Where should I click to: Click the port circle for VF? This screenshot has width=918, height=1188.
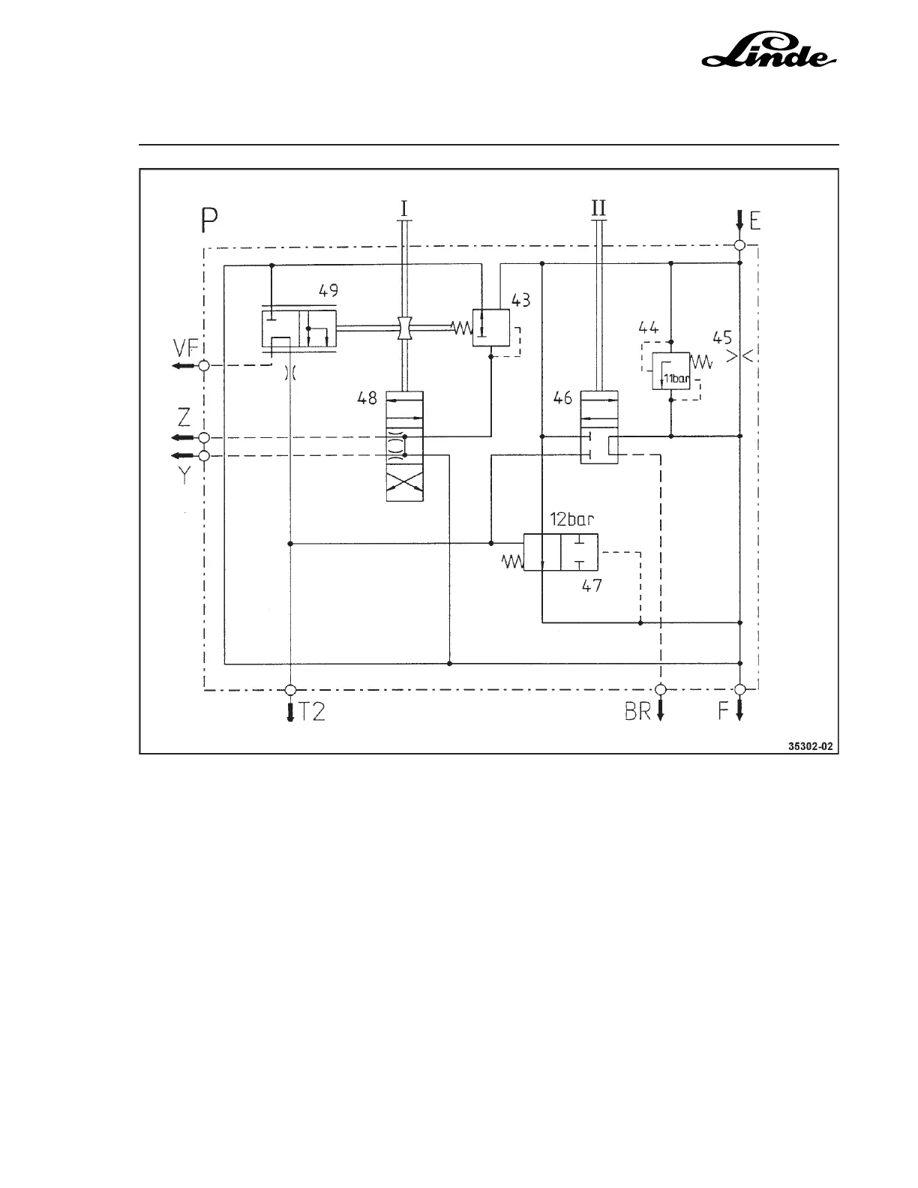coord(203,365)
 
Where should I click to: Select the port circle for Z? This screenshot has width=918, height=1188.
coord(203,437)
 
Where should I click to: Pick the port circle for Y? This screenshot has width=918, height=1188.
coord(203,455)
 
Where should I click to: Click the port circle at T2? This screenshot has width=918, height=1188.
coord(290,689)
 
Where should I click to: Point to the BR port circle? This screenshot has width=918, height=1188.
coord(661,689)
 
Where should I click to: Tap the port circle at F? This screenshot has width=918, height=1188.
coord(739,689)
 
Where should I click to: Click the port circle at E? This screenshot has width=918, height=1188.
coord(739,245)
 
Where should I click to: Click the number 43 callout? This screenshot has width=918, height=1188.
coord(521,300)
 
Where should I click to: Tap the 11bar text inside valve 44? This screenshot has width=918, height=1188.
coord(676,379)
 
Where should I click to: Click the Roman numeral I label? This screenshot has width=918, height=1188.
coord(403,208)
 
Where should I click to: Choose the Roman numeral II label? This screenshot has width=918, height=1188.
coord(598,208)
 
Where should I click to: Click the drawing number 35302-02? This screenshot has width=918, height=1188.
coord(810,746)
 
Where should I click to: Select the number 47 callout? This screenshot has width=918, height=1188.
coord(592,586)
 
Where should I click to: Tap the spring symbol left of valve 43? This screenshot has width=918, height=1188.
coord(460,328)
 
